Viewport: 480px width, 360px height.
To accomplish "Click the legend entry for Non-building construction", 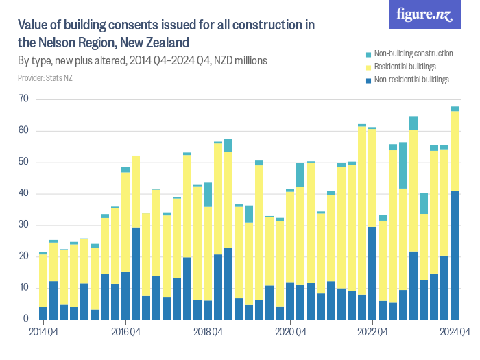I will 409,53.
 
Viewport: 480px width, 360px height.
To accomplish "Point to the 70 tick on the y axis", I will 24,99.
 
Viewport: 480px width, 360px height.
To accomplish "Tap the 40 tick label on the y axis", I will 24,194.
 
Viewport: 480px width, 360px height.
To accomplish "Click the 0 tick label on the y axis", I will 26,320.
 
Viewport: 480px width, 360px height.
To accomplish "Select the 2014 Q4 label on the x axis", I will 43,332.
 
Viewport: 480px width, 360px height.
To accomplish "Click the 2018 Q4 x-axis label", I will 208,332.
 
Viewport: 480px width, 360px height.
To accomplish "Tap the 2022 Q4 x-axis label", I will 372,332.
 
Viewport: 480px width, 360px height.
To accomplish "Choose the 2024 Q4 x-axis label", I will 455,332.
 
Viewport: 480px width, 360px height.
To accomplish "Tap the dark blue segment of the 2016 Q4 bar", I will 125,295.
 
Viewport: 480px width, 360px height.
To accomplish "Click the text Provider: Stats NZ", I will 45,79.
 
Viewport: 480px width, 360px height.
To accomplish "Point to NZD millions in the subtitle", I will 240,61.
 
